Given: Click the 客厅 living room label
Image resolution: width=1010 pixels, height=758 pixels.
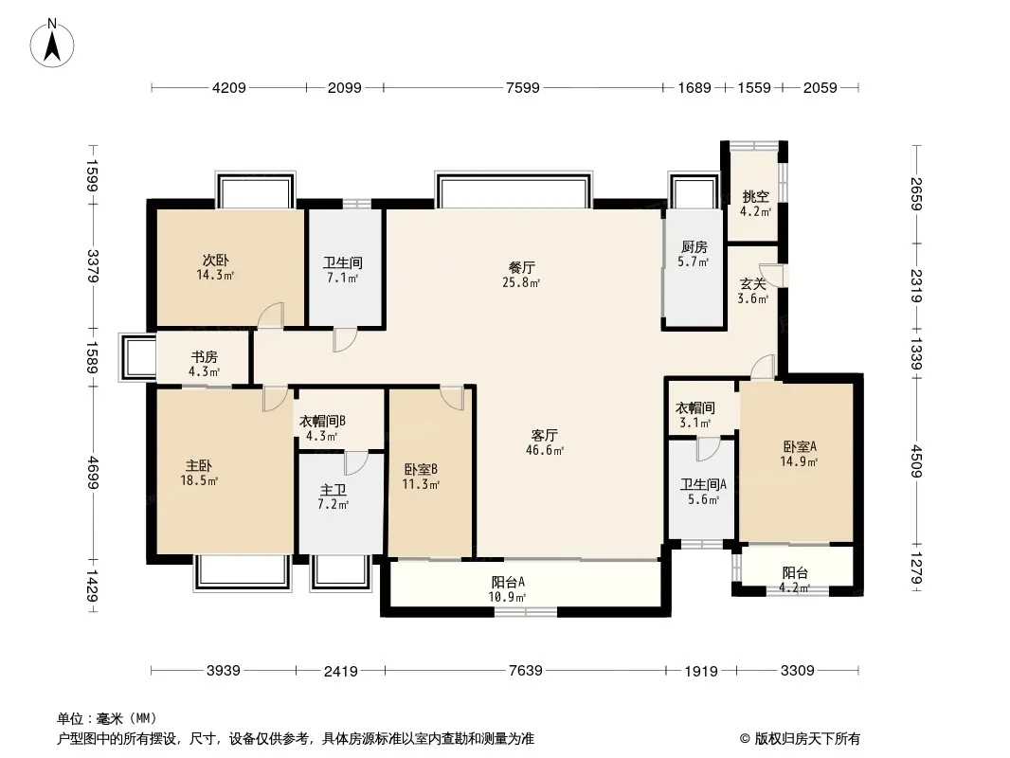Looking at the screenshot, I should tap(546, 435).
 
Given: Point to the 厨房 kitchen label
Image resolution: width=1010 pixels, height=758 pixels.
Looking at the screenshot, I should tap(694, 247).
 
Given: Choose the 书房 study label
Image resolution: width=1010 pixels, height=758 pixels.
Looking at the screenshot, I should tap(205, 357).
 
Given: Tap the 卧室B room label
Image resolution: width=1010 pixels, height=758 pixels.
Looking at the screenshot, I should tap(421, 468).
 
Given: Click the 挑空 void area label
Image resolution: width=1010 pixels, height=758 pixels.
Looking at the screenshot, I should tap(755, 197).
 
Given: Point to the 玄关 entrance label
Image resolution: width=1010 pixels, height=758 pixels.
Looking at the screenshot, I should tap(753, 282).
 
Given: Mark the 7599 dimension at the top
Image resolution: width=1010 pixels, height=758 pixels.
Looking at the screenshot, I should tap(523, 88).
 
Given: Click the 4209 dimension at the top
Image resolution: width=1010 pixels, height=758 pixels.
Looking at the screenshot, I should tap(229, 88).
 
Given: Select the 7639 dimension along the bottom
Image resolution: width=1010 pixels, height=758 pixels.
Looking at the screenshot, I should tap(525, 671).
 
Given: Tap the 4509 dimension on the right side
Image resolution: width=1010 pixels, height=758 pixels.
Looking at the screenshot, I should tap(917, 459).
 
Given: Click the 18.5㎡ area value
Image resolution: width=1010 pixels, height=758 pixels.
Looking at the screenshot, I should tap(201, 481).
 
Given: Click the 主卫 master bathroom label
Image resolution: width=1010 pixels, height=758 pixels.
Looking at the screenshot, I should tap(333, 490).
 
